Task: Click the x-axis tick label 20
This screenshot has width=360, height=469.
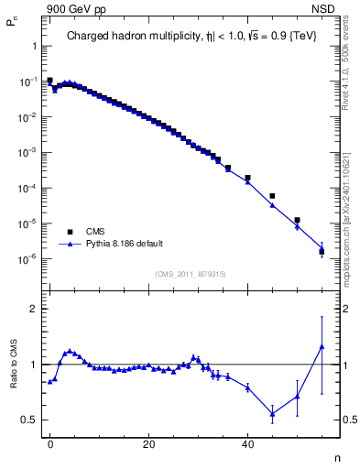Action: pos(148,443)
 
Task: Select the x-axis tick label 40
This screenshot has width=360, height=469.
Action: pos(247,443)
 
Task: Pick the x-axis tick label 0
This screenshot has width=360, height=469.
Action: pos(49,443)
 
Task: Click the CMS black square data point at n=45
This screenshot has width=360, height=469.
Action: pos(272,196)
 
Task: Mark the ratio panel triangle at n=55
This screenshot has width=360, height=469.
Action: pos(322,346)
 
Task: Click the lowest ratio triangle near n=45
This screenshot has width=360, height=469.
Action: pos(272,413)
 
